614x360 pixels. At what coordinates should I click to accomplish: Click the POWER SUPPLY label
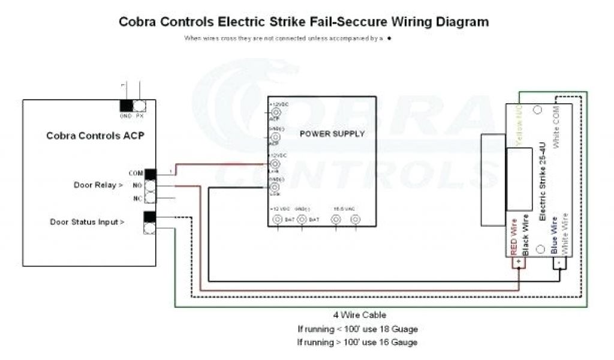(332, 134)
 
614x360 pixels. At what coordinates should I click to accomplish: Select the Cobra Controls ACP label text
(95, 136)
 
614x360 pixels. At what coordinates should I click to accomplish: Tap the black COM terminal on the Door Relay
(150, 174)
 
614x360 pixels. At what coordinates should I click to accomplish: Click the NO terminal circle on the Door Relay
(150, 185)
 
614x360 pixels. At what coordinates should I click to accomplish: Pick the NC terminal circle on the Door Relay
(150, 197)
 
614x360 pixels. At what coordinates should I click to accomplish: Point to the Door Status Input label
(88, 222)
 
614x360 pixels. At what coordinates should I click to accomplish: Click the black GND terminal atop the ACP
(127, 106)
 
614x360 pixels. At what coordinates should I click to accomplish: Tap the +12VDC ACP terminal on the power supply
(276, 112)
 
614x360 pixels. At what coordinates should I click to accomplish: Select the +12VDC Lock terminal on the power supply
(276, 163)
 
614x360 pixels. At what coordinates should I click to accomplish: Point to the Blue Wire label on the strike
(555, 234)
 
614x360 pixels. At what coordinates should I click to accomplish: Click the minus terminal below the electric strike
(559, 263)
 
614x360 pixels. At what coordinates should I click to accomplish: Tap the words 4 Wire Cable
(360, 314)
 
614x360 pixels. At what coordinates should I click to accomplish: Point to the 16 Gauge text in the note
(396, 342)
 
